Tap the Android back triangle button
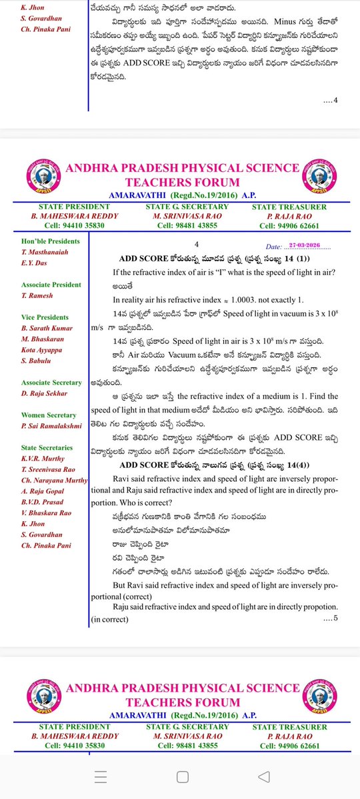[264, 777]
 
